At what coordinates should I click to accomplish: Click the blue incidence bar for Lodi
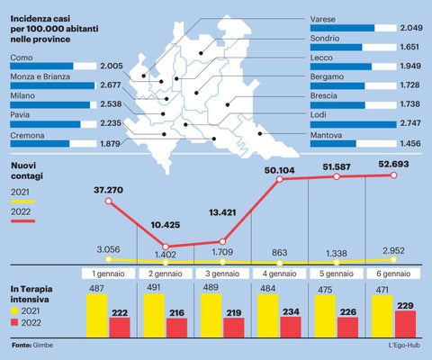tap(353, 124)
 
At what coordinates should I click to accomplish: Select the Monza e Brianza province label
tap(40, 76)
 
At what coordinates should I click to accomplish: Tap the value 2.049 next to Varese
tap(411, 28)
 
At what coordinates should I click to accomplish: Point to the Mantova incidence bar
tap(333, 143)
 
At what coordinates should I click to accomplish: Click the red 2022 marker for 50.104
tap(280, 179)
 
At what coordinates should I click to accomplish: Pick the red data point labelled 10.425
tap(166, 247)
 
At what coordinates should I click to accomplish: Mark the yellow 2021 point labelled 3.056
tap(109, 259)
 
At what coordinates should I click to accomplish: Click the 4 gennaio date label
tap(279, 274)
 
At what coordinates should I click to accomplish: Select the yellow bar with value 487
tap(97, 316)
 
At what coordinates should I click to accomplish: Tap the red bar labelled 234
tap(291, 328)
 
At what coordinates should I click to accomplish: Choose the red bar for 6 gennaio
tap(405, 324)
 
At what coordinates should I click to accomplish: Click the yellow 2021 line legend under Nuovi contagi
tap(23, 202)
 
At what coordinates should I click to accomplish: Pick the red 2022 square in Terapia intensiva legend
tap(14, 322)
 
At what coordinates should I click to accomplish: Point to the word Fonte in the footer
tap(22, 346)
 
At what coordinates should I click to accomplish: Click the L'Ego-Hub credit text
tap(404, 346)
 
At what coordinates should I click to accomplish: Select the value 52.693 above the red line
tap(393, 164)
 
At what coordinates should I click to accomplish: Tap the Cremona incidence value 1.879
tap(110, 144)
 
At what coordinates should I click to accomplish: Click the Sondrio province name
tap(325, 39)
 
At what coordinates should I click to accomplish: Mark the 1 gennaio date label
tap(108, 274)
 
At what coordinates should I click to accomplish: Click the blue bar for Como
tap(41, 66)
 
